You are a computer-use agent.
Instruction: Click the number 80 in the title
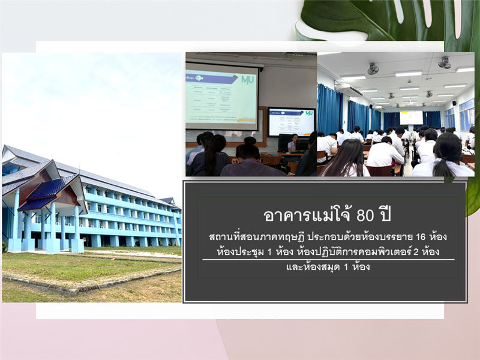tap(365, 216)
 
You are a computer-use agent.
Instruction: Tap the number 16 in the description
tap(421, 236)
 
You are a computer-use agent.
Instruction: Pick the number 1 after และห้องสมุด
tap(346, 267)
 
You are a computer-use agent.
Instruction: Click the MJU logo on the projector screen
tap(247, 80)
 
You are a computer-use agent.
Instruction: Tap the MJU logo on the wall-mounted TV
tap(309, 113)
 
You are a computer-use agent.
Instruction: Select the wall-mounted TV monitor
tap(291, 122)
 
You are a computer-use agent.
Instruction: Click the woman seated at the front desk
tap(293, 142)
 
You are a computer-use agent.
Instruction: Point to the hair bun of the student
tap(250, 140)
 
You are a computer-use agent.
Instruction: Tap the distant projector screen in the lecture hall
tap(411, 118)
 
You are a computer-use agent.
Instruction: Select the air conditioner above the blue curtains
tap(349, 90)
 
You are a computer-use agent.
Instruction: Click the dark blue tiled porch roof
tap(49, 193)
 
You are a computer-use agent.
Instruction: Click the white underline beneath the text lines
tap(328, 260)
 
